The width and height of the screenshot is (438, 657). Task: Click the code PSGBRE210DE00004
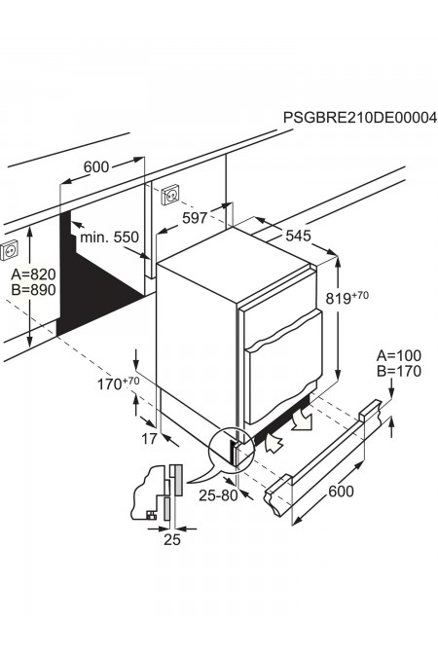tap(359, 118)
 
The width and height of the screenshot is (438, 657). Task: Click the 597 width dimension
tap(195, 217)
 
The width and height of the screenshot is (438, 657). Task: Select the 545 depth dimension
tap(299, 236)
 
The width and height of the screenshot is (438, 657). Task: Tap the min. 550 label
tap(109, 237)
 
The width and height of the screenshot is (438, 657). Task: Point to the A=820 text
tap(33, 274)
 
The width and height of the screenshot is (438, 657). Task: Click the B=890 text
tap(33, 290)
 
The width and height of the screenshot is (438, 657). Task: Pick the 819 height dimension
tap(347, 298)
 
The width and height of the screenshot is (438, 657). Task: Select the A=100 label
tap(399, 355)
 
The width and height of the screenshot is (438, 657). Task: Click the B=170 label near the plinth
tap(399, 371)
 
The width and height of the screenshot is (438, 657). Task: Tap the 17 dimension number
tap(149, 439)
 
